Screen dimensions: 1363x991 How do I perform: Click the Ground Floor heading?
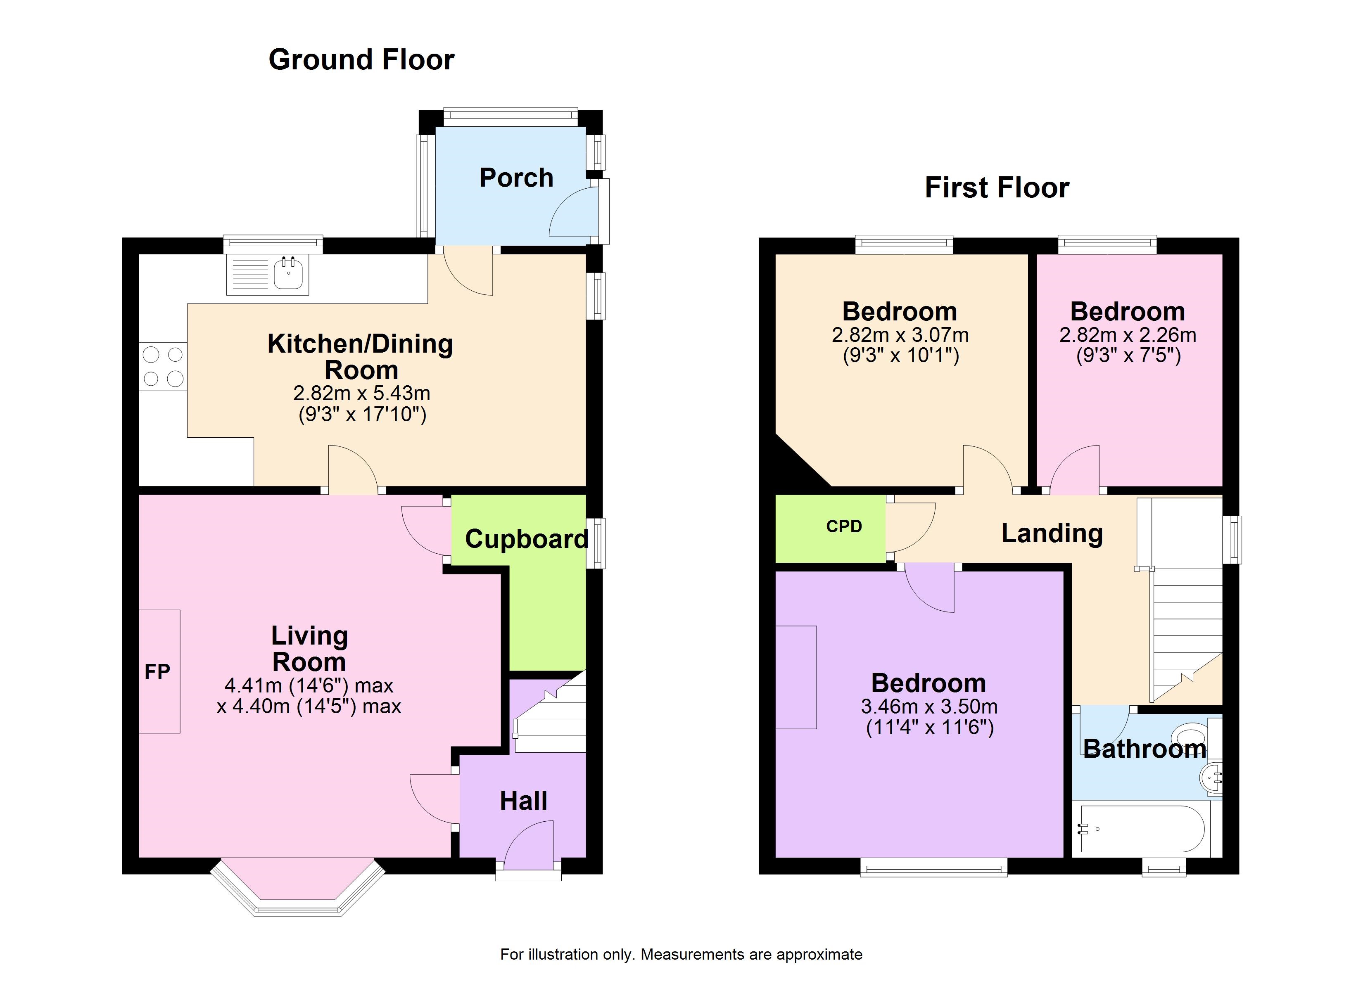361,59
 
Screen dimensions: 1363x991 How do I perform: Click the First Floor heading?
997,187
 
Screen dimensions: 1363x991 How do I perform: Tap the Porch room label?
516,178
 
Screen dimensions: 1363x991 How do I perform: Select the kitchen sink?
267,275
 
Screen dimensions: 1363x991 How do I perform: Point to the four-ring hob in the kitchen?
163,367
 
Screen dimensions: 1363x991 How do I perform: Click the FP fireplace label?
157,671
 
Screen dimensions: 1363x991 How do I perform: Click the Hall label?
523,801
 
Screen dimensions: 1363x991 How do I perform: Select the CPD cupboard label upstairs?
844,526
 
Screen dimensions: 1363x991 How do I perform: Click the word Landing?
1052,533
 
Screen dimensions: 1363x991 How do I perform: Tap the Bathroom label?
1144,748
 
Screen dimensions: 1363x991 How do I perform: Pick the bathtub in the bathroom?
1142,829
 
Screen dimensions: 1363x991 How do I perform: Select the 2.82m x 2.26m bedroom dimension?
1128,335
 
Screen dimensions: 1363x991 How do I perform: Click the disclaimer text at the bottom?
681,954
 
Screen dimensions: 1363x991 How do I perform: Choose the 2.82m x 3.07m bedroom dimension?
900,335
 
